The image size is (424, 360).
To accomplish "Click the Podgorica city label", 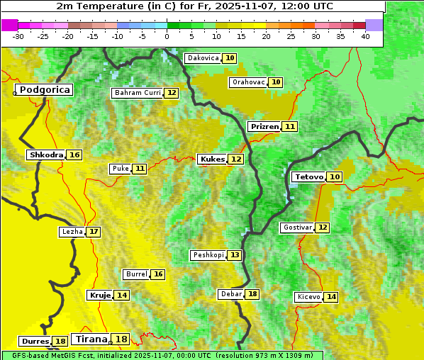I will [x=45, y=90].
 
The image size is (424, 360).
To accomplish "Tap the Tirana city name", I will [x=90, y=339].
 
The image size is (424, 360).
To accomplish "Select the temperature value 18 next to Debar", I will [x=252, y=294].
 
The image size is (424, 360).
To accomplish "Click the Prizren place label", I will [x=264, y=127].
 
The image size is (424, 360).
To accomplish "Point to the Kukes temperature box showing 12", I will [x=236, y=159].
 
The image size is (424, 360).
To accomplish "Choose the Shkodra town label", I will [x=46, y=155].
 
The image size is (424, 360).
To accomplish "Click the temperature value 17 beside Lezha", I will [x=94, y=232].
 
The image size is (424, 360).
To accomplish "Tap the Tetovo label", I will [x=308, y=176].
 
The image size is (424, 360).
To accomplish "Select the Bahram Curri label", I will [x=138, y=93].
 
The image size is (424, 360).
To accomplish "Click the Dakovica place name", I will [x=202, y=58].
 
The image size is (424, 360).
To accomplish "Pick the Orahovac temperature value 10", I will [x=276, y=82].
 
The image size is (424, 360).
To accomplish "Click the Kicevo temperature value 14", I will [x=331, y=297].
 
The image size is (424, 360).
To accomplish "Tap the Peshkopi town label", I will [x=208, y=255].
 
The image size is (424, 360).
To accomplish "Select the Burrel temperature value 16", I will [x=158, y=274].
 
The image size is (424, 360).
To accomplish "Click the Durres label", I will [x=35, y=342].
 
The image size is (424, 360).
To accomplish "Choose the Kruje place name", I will [x=99, y=295].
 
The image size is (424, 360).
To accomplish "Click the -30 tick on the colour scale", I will [x=18, y=36].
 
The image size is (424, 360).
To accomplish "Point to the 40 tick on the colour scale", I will [x=365, y=36].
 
